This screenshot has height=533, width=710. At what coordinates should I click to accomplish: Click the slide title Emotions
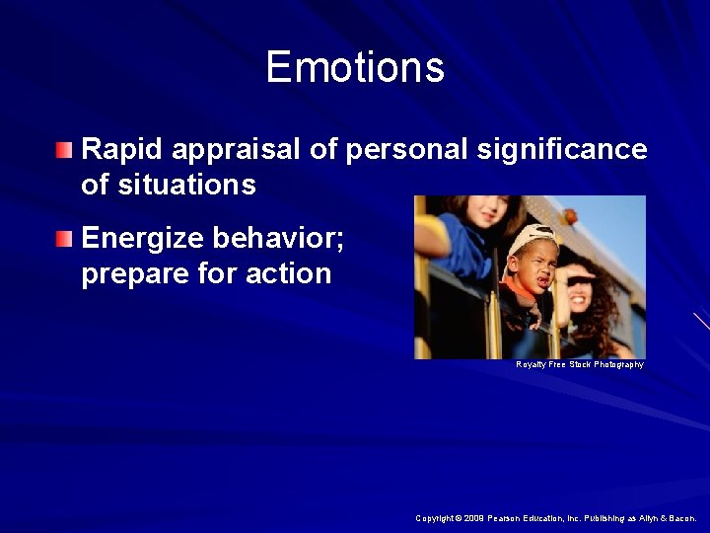pyautogui.click(x=355, y=67)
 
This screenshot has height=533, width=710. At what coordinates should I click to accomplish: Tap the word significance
pyautogui.click(x=562, y=150)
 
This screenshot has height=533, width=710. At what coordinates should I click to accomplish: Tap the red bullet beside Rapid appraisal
pyautogui.click(x=64, y=150)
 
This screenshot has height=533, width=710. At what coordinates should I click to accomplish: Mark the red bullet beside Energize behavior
pyautogui.click(x=64, y=239)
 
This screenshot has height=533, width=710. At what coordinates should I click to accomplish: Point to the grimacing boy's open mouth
pyautogui.click(x=523, y=282)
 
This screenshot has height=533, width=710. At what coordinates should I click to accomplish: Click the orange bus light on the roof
pyautogui.click(x=569, y=215)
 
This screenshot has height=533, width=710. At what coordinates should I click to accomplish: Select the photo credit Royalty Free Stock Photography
pyautogui.click(x=579, y=365)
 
